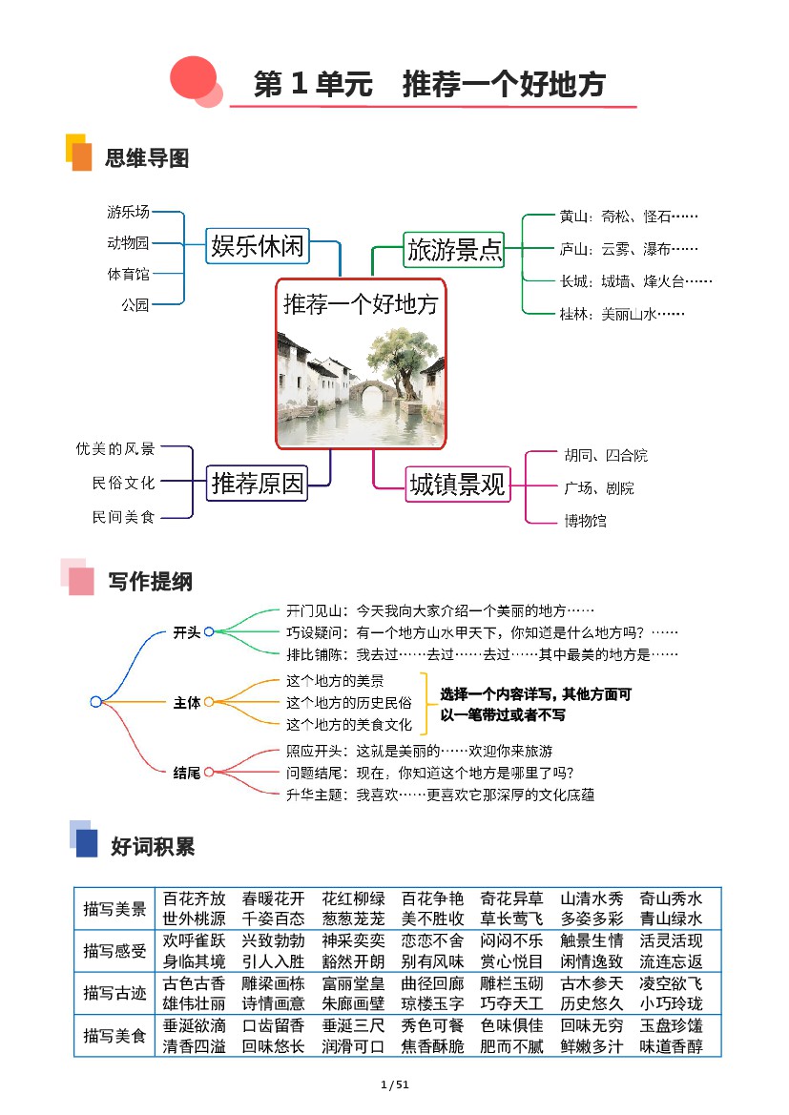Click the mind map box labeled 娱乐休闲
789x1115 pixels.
[258, 246]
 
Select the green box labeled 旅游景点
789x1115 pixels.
[454, 250]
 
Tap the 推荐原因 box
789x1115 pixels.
[257, 484]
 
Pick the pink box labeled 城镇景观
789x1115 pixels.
[457, 485]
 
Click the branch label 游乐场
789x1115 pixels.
[128, 212]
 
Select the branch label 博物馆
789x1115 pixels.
[585, 521]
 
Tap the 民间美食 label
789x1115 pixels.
[123, 517]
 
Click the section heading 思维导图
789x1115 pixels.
[147, 158]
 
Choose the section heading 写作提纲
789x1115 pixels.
[150, 581]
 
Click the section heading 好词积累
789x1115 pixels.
[153, 846]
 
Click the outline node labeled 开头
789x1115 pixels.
[186, 632]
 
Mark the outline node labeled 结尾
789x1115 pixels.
[186, 773]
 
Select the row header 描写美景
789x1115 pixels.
[114, 909]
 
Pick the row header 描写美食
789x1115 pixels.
[114, 1036]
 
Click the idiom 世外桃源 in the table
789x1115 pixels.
[195, 919]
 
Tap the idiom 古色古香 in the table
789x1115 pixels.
[195, 983]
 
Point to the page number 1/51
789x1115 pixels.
[395, 1084]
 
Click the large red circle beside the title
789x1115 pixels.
[193, 77]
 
